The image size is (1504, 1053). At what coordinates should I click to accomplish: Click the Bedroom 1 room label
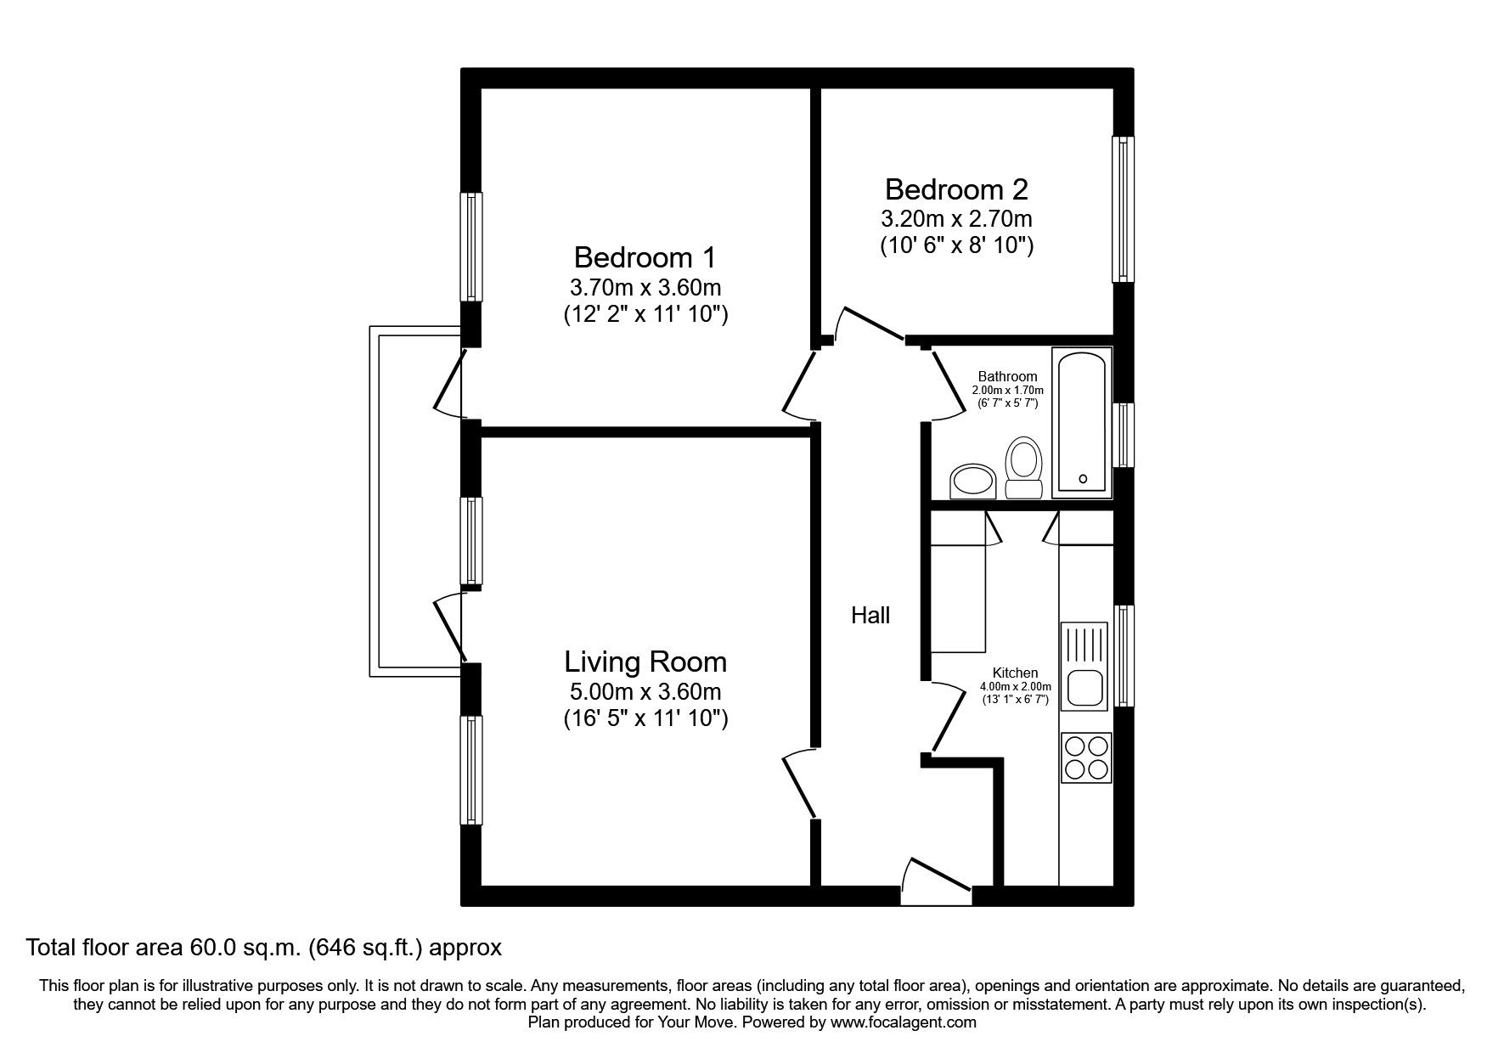point(645,256)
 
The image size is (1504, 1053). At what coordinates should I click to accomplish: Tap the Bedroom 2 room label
point(956,189)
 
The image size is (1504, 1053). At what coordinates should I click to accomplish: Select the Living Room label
point(645,662)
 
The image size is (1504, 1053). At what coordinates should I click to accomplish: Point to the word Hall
point(870,616)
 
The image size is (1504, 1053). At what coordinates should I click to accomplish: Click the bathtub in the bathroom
point(1081,422)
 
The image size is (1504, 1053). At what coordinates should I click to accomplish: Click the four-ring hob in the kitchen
point(1085,757)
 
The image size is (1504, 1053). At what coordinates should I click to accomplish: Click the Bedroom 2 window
point(1123,210)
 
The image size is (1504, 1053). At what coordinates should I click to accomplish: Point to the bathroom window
point(1123,435)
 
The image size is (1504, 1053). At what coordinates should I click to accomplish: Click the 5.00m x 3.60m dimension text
point(645,691)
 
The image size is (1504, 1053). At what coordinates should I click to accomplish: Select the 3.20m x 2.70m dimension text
point(956,219)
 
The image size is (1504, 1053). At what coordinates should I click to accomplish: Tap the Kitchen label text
point(1015,673)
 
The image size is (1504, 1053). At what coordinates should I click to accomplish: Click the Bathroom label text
point(1007,376)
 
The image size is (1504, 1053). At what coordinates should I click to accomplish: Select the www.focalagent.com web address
point(903,1023)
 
